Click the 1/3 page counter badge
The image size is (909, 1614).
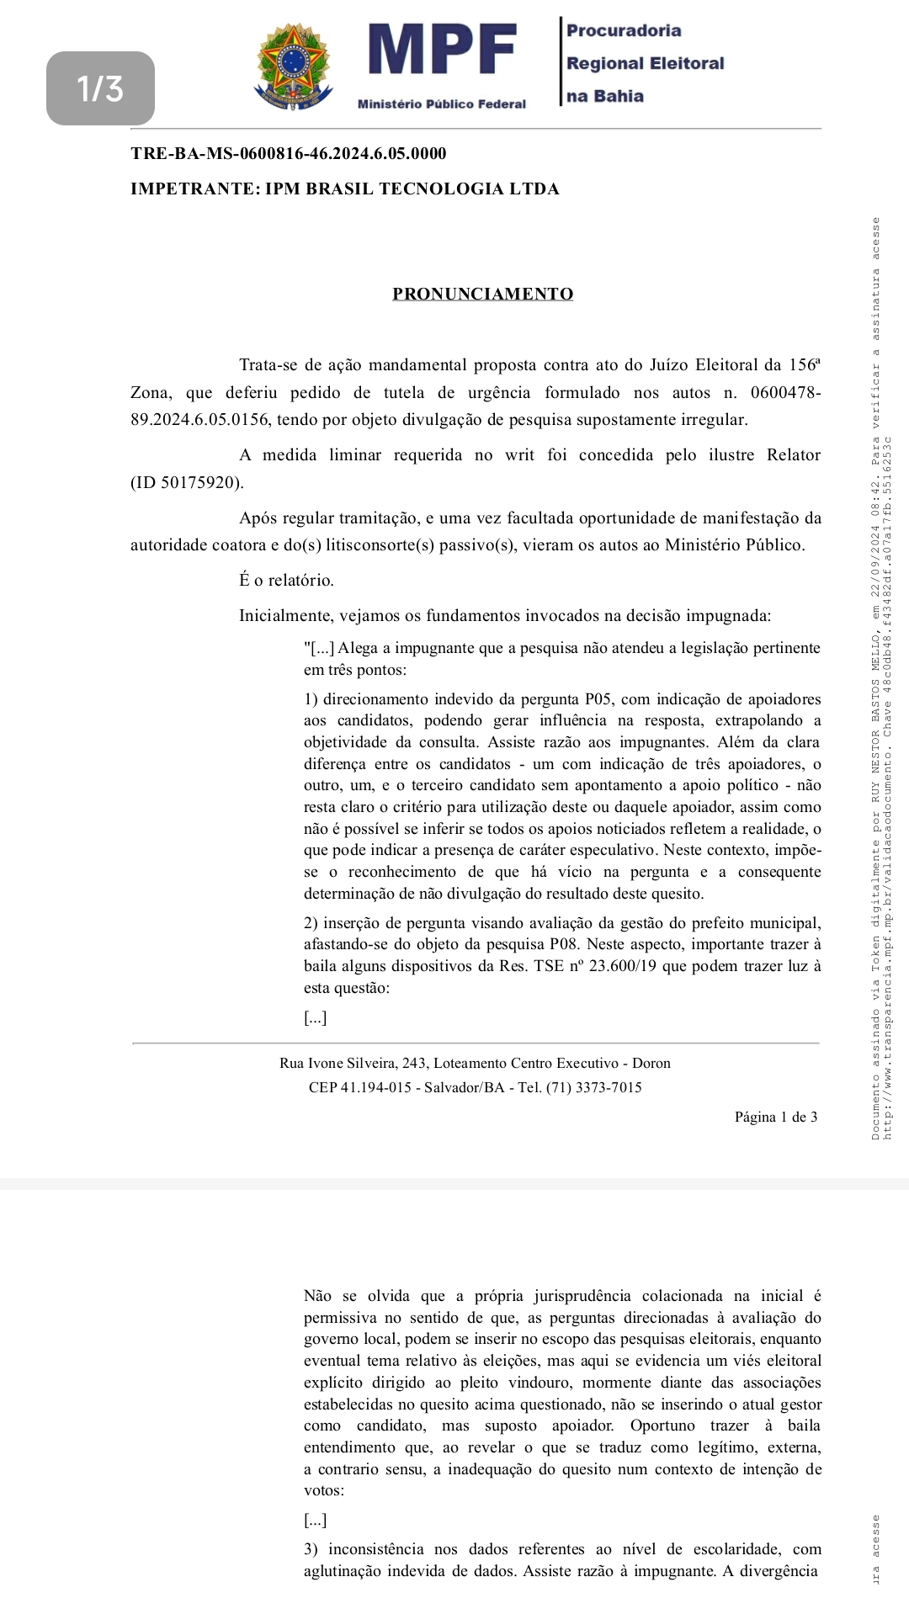[x=100, y=88]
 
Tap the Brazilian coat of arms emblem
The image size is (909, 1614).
[x=293, y=66]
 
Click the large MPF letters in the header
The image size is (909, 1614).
[x=442, y=50]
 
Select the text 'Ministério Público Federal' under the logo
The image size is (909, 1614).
[x=442, y=104]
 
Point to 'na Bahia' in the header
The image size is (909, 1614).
[x=605, y=96]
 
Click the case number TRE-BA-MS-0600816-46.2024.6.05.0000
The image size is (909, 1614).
[x=289, y=153]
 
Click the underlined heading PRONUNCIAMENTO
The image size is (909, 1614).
[x=482, y=294]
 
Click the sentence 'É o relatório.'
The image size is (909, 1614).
[x=286, y=580]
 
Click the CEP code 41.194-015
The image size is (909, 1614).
[x=376, y=1087]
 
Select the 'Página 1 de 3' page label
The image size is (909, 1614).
[x=775, y=1117]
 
